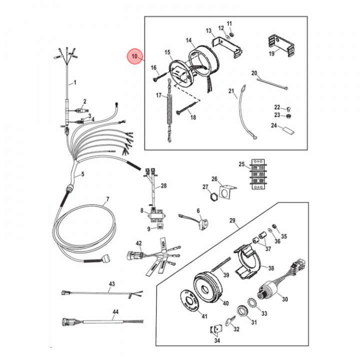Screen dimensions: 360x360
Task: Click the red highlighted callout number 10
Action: pyautogui.click(x=134, y=57)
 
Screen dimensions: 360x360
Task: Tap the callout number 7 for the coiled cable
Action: pyautogui.click(x=106, y=202)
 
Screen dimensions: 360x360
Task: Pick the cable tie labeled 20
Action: pyautogui.click(x=270, y=82)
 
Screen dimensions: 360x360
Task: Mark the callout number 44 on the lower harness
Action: pyautogui.click(x=115, y=312)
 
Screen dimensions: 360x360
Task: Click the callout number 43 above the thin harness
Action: pyautogui.click(x=111, y=284)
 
